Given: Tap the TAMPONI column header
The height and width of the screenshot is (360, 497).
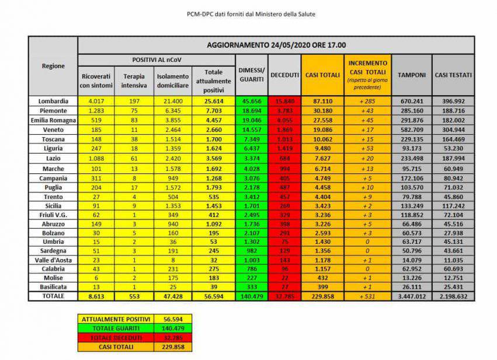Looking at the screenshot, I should pyautogui.click(x=411, y=75).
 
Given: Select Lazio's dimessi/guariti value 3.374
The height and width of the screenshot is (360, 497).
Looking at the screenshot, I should pyautogui.click(x=251, y=159).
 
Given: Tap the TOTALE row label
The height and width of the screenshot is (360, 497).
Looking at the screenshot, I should pyautogui.click(x=53, y=296).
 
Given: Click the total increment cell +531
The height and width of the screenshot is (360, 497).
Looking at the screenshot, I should pyautogui.click(x=367, y=296).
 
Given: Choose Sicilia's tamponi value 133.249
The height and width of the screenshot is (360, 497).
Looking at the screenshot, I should pyautogui.click(x=411, y=206).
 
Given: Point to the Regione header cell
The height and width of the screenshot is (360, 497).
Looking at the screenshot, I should pyautogui.click(x=53, y=66).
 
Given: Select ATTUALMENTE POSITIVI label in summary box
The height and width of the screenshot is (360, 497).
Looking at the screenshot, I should pyautogui.click(x=114, y=320).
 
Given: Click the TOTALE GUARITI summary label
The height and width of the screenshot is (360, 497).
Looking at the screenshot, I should pyautogui.click(x=114, y=328).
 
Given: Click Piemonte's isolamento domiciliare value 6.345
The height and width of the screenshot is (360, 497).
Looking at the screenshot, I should pyautogui.click(x=173, y=111).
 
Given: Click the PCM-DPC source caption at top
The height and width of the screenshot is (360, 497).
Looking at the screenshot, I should pyautogui.click(x=248, y=13).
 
